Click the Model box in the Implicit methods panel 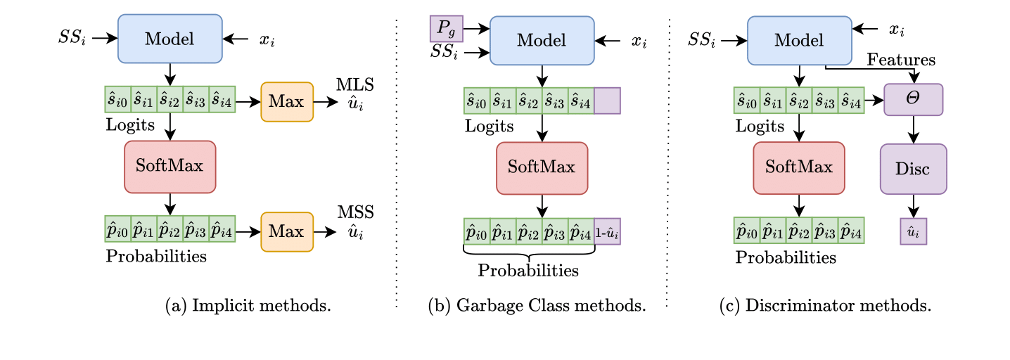tap(170, 39)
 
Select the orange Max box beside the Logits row tap(287, 102)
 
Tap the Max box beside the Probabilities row tap(287, 230)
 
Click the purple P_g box tap(446, 28)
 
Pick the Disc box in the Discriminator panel tap(914, 169)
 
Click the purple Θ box tap(914, 100)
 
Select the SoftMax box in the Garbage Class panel tap(542, 168)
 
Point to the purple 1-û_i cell tap(607, 231)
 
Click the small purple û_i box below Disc tap(914, 231)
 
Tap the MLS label tap(356, 85)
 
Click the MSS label tap(356, 213)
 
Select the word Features tap(901, 60)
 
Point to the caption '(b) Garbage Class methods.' tap(536, 306)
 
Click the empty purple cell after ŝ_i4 tap(607, 101)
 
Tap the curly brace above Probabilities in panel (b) tap(529, 252)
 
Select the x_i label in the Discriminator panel tap(897, 30)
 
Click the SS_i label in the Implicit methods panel tap(72, 38)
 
